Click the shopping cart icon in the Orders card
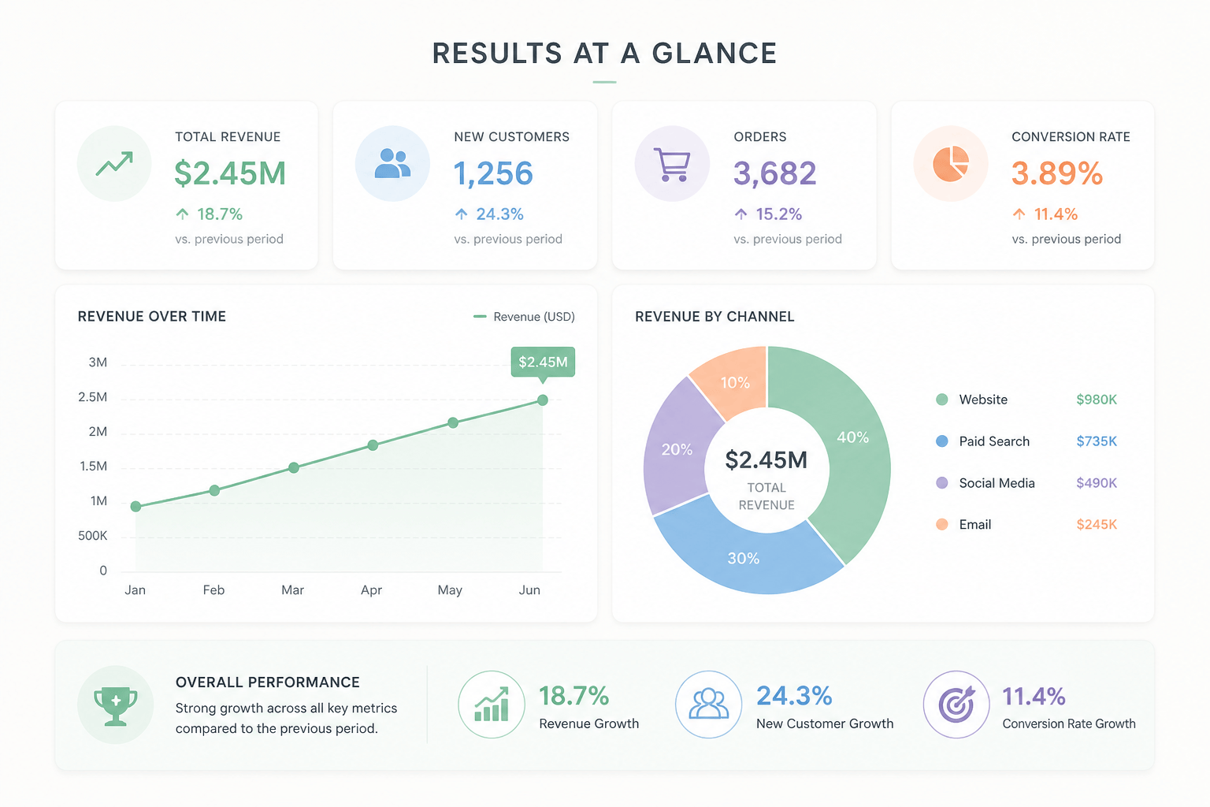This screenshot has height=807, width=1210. coord(672,165)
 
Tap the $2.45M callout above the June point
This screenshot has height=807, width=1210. coord(543,363)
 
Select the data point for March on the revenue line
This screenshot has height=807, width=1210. coord(294,467)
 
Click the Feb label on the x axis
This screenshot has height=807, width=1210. coord(214,589)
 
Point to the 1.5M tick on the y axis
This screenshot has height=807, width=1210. coord(94,467)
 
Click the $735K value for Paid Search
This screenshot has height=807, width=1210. coord(1097,441)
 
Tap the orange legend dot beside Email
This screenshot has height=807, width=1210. coord(942,524)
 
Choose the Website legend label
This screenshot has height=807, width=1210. coord(983,400)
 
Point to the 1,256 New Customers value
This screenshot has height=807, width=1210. coord(493,173)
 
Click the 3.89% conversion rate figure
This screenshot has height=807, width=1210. coord(1057,173)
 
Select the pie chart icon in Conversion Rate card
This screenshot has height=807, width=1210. coord(951,164)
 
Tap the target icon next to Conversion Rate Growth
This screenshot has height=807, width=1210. coord(956,705)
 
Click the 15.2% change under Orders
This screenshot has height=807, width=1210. coord(778,214)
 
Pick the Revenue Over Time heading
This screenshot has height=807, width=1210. coord(152,317)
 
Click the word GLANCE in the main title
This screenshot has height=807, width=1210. coord(714,54)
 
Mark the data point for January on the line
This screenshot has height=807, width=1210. coord(136,507)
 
